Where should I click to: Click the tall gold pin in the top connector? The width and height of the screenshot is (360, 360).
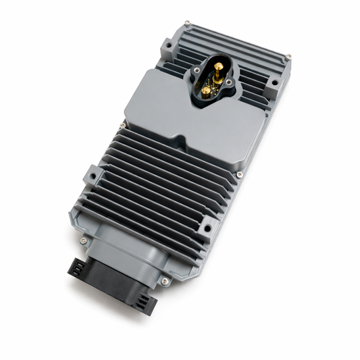pos(220,67)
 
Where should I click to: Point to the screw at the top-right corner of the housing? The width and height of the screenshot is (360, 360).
pos(288,56)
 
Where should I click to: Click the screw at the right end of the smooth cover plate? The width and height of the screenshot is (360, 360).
pos(240,175)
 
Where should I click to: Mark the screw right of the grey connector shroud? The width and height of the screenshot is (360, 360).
pos(164,280)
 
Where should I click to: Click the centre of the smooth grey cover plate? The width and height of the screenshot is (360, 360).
pos(192,125)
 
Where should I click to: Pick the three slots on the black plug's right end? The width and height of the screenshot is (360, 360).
pos(143,303)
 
